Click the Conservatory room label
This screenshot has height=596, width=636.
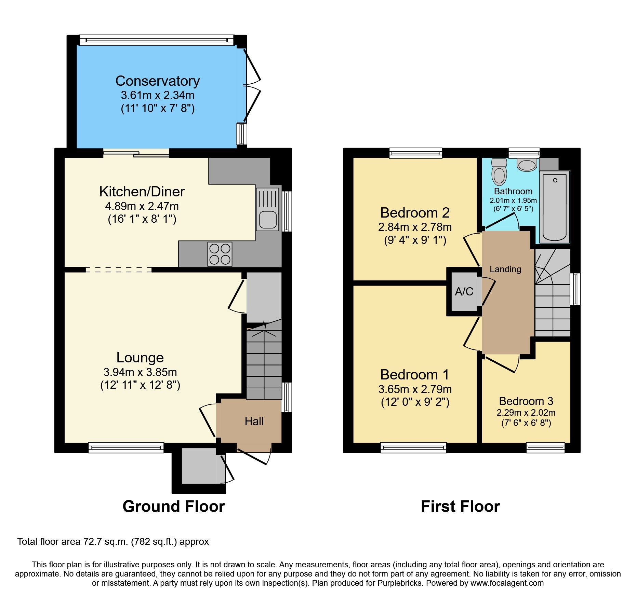[157, 81]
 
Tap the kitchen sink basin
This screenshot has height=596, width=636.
[267, 219]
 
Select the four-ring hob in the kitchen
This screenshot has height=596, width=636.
[220, 254]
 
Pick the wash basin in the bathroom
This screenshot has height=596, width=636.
[527, 165]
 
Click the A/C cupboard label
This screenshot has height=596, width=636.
[464, 291]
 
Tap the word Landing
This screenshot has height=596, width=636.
[505, 269]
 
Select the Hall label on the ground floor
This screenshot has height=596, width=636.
[254, 421]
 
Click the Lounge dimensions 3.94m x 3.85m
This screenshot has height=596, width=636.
[140, 372]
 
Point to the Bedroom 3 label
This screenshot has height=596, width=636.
[526, 401]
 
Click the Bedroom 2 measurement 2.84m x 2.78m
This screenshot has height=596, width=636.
[415, 227]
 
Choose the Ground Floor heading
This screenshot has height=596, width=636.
[173, 506]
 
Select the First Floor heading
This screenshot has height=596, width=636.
[460, 506]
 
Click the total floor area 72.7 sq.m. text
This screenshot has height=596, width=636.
[113, 542]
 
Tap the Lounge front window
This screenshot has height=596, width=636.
[126, 447]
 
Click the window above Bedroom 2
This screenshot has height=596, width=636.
[415, 153]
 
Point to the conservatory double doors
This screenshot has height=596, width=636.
[252, 85]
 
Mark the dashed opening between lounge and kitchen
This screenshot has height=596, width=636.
[118, 269]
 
